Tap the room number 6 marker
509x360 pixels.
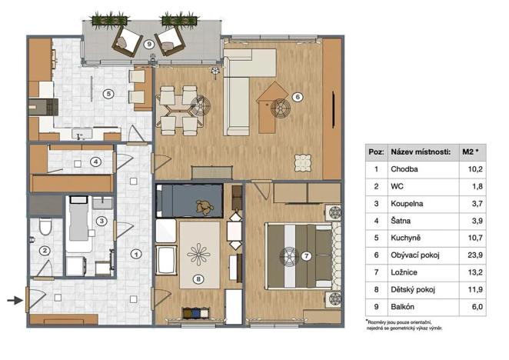298,97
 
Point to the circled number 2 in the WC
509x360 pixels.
45,250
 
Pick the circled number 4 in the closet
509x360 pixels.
95,162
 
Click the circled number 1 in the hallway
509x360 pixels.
136,253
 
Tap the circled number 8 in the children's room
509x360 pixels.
198,279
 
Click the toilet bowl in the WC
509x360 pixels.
45,227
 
